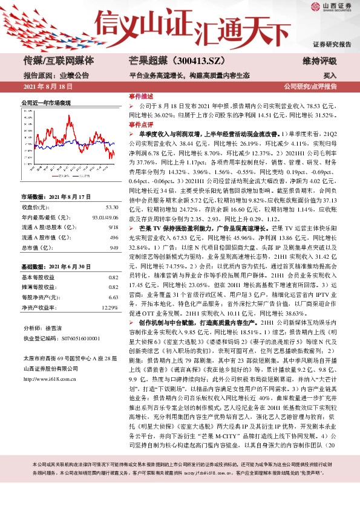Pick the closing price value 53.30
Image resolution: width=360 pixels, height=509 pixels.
click(112, 207)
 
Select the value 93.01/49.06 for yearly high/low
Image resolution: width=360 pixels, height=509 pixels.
click(106, 217)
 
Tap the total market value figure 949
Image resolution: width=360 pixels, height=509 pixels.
click(114, 247)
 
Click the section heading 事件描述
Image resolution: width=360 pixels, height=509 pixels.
click(140, 97)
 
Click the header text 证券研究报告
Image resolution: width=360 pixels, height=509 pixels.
click(332, 45)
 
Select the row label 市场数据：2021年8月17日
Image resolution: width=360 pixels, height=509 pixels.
click(56, 197)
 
